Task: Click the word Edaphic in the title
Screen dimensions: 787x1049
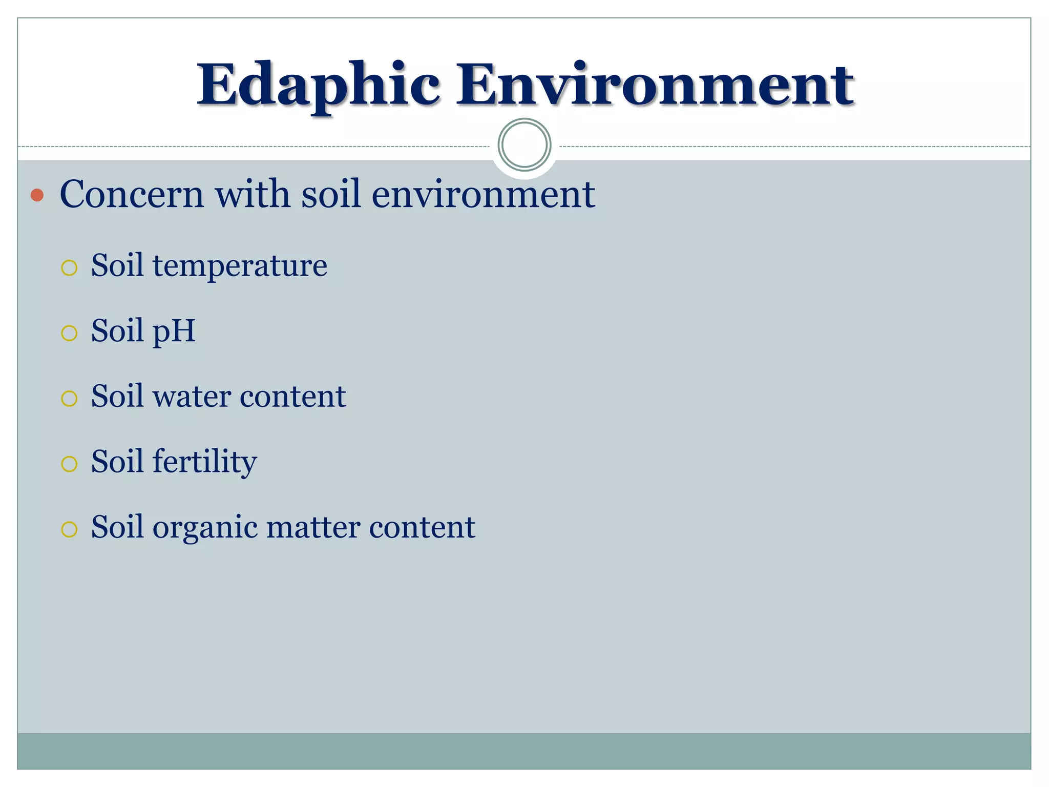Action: coord(318,85)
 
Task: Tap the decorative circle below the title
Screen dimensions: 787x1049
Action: coord(524,144)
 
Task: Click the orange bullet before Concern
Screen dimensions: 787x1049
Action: coord(37,195)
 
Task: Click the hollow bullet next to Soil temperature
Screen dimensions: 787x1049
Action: coord(69,268)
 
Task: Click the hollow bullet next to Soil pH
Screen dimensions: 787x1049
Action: coord(69,334)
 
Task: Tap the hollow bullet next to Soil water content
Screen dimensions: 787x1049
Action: coord(69,399)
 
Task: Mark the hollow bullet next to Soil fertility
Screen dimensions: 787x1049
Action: coord(69,464)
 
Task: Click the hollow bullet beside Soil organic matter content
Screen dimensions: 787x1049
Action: coord(69,529)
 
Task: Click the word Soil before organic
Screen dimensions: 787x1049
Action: coord(117,527)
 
